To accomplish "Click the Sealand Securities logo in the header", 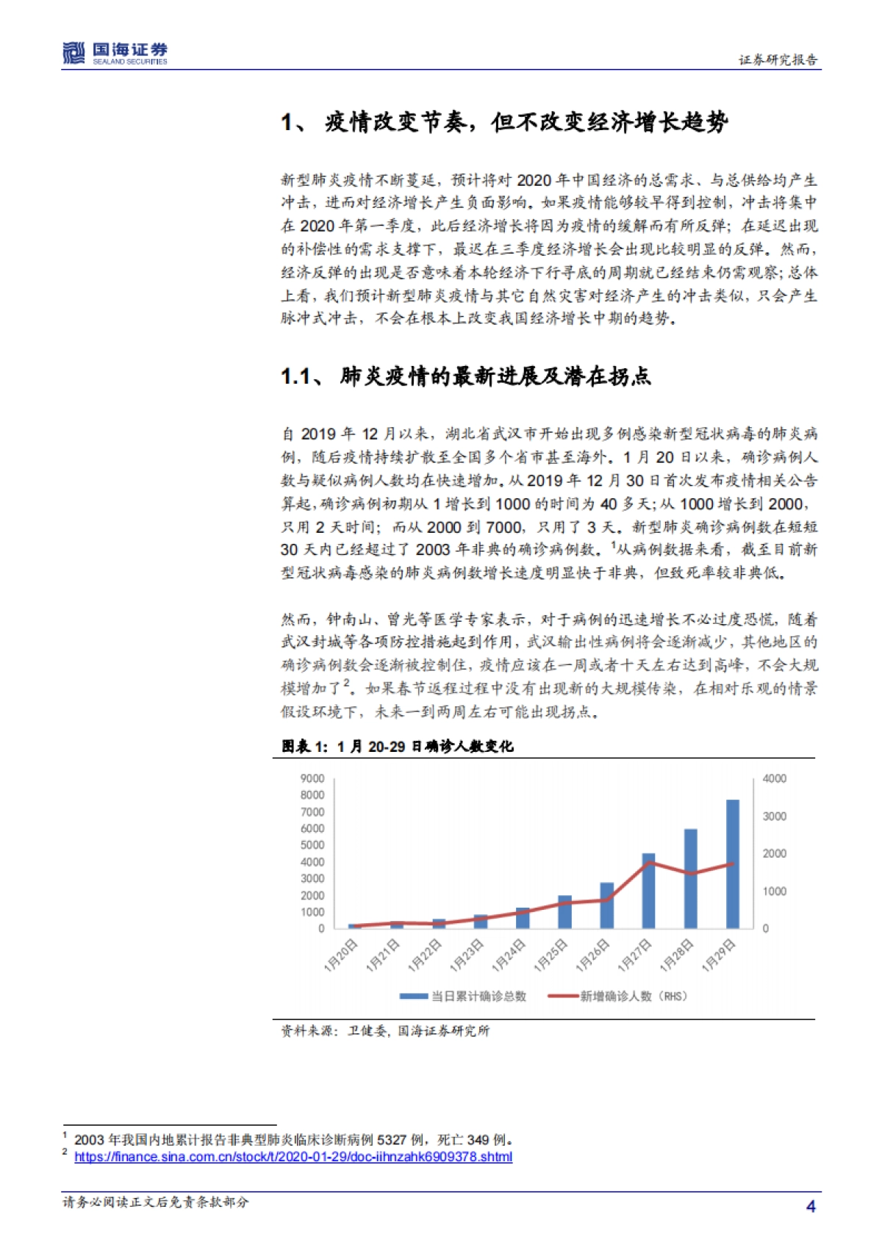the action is (115, 53).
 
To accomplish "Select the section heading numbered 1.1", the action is (465, 376).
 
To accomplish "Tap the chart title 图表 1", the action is (398, 746).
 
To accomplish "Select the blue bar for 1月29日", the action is (733, 864).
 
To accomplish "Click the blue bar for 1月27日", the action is (648, 891).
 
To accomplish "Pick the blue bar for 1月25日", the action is (564, 911).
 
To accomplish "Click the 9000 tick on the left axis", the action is (312, 778).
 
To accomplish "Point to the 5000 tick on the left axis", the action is (312, 845).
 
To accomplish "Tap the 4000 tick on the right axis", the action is (774, 778).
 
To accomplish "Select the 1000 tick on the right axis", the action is (774, 891).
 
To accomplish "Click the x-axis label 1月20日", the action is (341, 955).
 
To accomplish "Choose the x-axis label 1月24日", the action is (509, 955).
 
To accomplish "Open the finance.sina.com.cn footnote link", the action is (293, 1157).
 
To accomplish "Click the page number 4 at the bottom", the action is (811, 1206).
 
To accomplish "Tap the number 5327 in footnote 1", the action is (392, 1140).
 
